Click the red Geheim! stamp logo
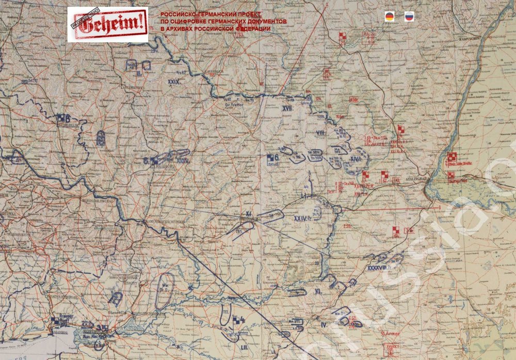tap(107, 24)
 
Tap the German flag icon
tap(390, 17)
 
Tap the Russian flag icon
tap(409, 17)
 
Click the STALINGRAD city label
tap(415, 179)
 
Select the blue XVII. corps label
tap(287, 108)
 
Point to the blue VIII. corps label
tap(320, 133)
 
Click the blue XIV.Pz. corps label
tap(354, 159)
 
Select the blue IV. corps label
tap(324, 325)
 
